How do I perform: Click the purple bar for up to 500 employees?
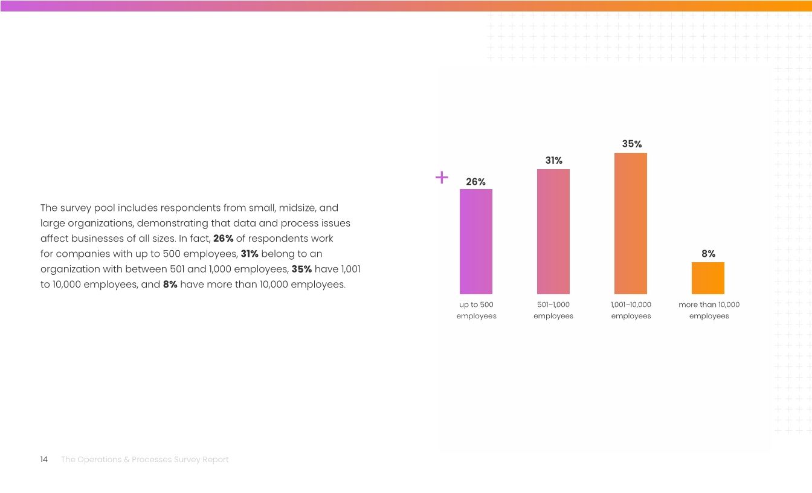pos(476,242)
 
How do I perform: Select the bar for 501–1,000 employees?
pos(553,231)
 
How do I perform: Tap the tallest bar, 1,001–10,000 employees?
pos(631,224)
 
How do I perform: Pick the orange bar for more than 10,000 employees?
pos(708,278)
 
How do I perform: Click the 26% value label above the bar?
pos(476,182)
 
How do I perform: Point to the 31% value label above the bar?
pos(553,161)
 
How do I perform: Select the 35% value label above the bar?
pos(632,144)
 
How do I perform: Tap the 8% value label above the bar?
pos(709,254)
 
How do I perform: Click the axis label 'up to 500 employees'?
pos(476,310)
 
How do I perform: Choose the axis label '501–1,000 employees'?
pos(553,310)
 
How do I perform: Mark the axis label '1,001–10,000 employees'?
pos(631,310)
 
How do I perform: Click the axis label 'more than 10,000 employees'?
pos(709,310)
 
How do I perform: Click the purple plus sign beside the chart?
pos(442,177)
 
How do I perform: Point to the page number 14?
pos(43,460)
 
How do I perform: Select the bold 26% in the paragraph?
pos(224,238)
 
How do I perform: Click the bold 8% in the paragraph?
pos(170,285)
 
